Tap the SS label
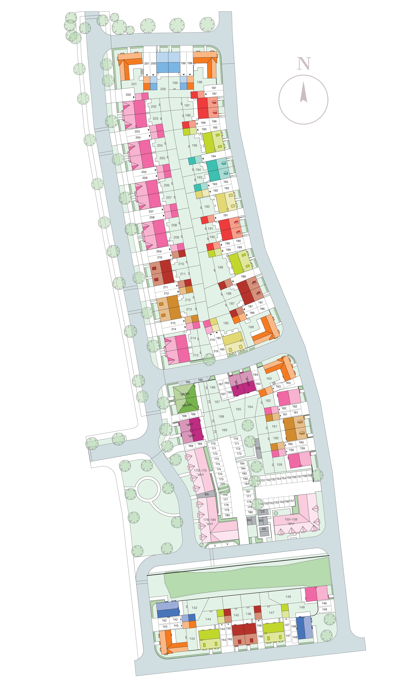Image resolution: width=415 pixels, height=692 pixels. pyautogui.click(x=264, y=529)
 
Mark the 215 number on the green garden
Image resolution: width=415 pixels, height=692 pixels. pyautogui.click(x=195, y=355)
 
